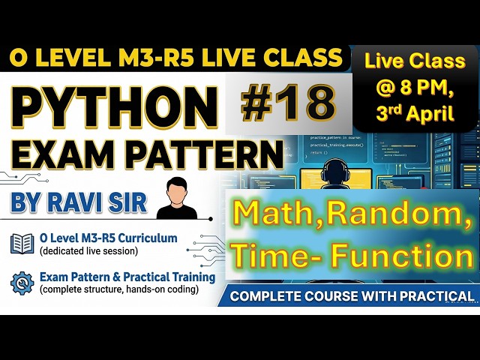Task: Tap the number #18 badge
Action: click(289, 103)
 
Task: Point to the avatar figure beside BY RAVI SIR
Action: click(177, 198)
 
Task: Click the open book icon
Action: click(21, 243)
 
